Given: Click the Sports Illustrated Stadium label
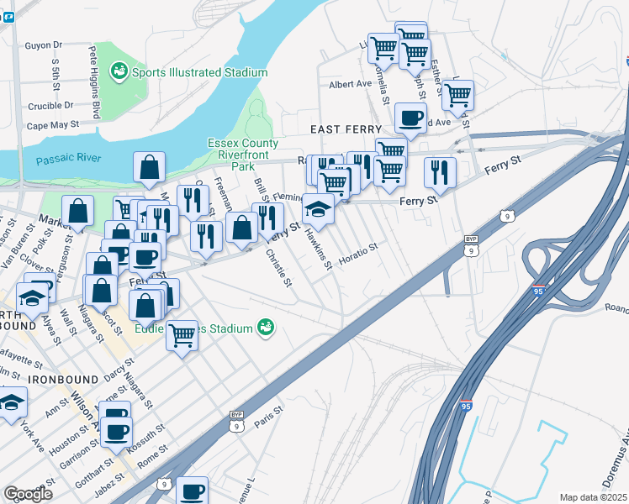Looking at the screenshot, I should click(199, 73).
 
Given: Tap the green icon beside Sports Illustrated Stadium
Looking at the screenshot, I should click(119, 72).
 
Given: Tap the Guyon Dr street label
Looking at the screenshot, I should click(44, 45).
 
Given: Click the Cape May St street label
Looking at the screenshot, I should click(52, 124).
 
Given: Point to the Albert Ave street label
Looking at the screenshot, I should click(350, 85).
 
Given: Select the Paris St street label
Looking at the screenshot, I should click(266, 418).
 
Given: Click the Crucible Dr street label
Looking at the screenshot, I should click(50, 106).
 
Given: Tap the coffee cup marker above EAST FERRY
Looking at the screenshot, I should click(410, 117).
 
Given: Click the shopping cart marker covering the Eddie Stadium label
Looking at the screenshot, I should click(182, 336).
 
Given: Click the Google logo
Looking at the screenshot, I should click(28, 494).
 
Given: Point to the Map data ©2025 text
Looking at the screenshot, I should click(593, 497).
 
